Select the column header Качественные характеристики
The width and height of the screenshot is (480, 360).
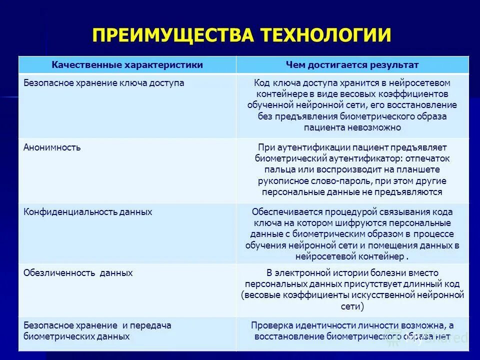pyautogui.click(x=127, y=65)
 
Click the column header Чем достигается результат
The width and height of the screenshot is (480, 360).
pyautogui.click(x=352, y=65)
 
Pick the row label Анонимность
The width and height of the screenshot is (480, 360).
pyautogui.click(x=52, y=147)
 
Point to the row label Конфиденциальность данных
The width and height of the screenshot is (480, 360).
pyautogui.click(x=88, y=212)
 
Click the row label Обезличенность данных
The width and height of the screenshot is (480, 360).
pyautogui.click(x=78, y=273)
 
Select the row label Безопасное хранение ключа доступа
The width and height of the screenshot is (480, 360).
pyautogui.click(x=104, y=83)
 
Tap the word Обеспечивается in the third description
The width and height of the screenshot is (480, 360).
pyautogui.click(x=284, y=212)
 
